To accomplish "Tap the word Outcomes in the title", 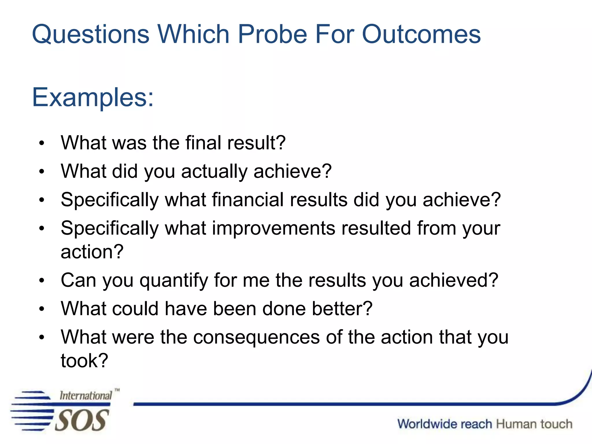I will pos(421,34).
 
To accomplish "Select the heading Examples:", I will pos(92,98).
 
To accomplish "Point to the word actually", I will pos(214,171).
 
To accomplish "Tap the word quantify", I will pos(174,280).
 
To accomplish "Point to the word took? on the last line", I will pos(84,360).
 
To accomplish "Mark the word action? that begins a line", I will pos(92,251).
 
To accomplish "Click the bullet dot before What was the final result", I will pos(42,143).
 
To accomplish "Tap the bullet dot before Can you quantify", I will pos(42,280).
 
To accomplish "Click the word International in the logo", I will pos(86,395).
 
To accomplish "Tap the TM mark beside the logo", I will pos(117,390).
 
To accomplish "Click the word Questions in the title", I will pos(90,34).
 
